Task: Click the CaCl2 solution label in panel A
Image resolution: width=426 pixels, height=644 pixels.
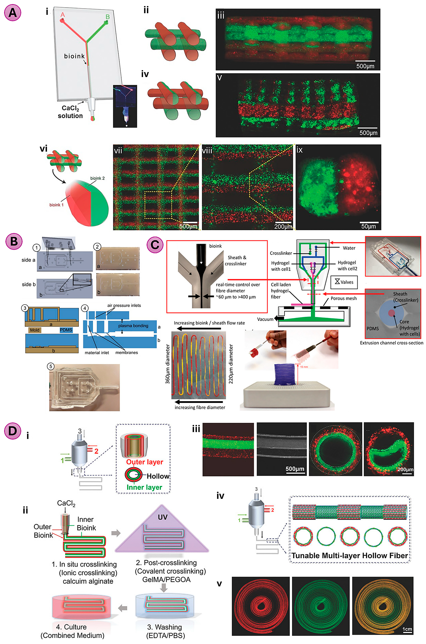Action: [70, 112]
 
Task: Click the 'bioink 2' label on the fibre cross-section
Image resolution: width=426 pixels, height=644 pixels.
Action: [97, 178]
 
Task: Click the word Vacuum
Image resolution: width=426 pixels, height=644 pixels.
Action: [265, 319]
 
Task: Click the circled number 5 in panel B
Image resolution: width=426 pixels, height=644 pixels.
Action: [51, 366]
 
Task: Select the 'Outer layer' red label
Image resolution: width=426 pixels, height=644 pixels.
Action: [145, 462]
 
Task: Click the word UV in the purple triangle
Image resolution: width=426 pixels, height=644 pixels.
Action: [162, 517]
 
